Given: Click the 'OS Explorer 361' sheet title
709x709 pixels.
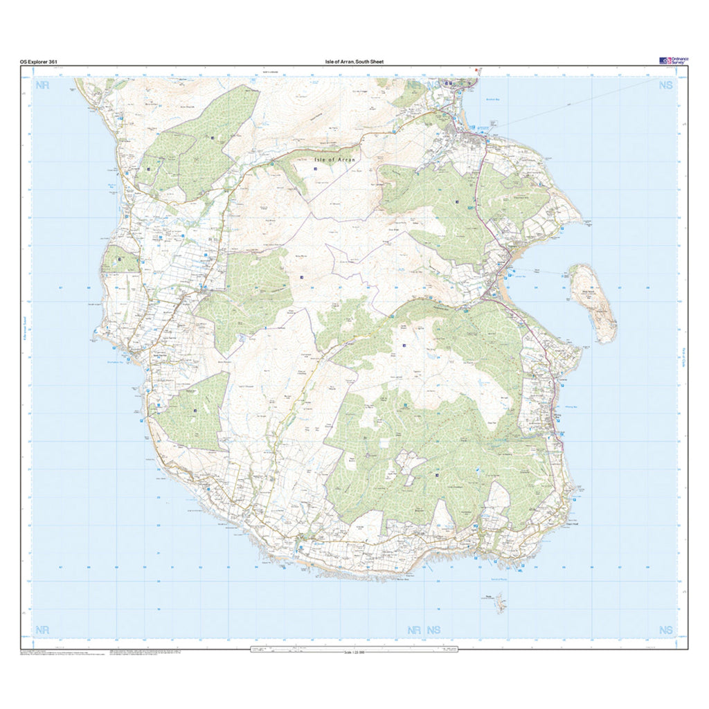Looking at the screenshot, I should (39, 62).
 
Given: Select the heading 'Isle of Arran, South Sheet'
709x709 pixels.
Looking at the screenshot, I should (354, 62).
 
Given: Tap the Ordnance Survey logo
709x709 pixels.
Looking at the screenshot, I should (674, 61).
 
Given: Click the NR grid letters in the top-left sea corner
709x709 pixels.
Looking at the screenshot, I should (43, 86).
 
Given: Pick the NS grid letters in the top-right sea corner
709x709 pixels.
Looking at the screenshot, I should (665, 86).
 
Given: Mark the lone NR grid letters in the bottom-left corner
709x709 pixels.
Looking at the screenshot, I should (43, 629).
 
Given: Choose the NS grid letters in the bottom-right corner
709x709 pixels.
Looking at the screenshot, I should (665, 629).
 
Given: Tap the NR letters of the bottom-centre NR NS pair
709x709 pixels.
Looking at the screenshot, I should (414, 630).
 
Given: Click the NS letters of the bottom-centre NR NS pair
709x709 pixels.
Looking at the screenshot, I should (434, 630).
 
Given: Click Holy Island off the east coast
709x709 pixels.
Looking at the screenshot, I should (593, 300).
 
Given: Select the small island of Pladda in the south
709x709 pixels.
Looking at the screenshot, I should (496, 604).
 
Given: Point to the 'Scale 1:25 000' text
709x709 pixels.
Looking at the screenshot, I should (354, 653).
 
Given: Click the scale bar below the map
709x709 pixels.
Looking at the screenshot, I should (354, 648).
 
